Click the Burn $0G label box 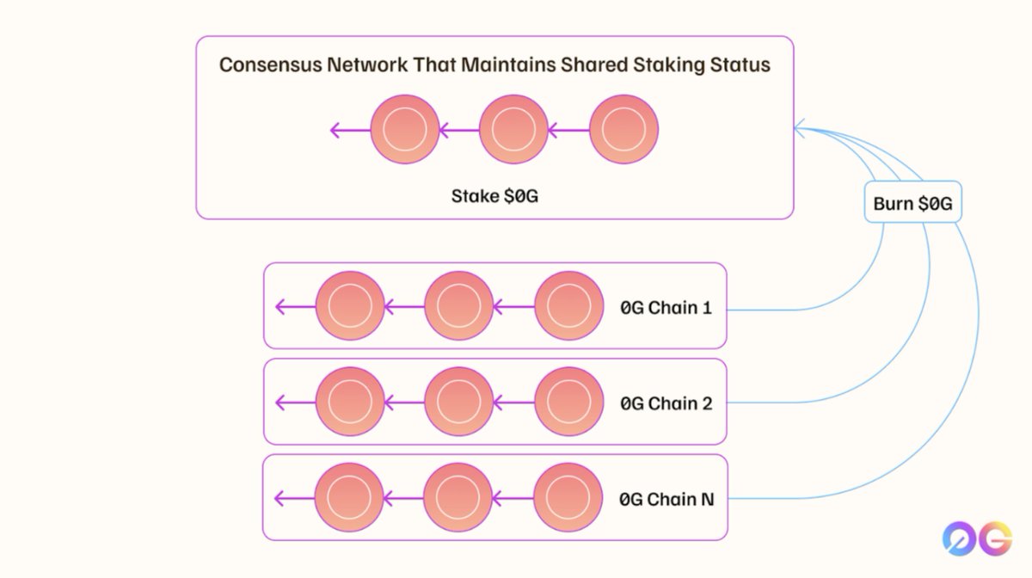pos(912,204)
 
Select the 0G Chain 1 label pos(666,307)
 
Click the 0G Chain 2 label pos(666,403)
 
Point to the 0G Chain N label pos(666,499)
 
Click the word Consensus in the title pos(269,65)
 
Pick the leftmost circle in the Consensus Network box pos(405,130)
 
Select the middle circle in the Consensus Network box pos(513,130)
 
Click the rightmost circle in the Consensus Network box pos(624,130)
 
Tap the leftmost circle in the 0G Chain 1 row pos(350,305)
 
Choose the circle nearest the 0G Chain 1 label pos(568,305)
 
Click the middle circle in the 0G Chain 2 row pos(458,402)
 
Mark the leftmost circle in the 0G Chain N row pos(349,498)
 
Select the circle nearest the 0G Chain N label pos(568,498)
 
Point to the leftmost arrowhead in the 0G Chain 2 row pos(279,402)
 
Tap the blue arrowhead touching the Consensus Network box pos(799,130)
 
